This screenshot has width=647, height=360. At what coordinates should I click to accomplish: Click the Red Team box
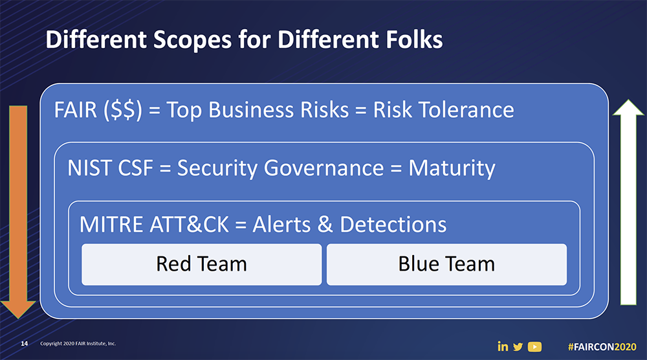[x=201, y=264]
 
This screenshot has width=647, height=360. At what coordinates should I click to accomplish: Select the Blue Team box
[x=446, y=264]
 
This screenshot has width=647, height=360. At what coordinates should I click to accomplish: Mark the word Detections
[x=393, y=225]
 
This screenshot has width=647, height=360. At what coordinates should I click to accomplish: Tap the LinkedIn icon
[x=503, y=346]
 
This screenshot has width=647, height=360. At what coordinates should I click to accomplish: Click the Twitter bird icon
[x=518, y=346]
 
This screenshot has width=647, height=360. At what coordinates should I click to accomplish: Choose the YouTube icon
[x=534, y=346]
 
